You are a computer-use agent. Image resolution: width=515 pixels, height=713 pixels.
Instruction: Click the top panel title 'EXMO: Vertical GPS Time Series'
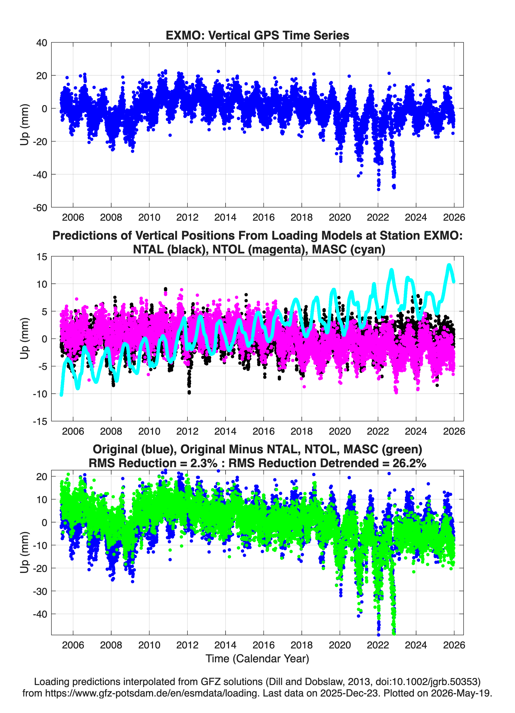[257, 35]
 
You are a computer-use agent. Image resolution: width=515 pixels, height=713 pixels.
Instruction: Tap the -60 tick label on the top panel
[40, 208]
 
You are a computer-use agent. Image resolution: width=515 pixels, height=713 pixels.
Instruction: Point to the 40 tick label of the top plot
[42, 43]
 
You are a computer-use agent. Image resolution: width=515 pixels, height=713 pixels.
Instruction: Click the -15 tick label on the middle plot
[40, 422]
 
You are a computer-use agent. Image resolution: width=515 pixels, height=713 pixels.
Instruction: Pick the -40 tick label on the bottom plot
[40, 614]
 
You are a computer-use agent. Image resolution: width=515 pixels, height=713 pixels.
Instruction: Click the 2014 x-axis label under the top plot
[225, 217]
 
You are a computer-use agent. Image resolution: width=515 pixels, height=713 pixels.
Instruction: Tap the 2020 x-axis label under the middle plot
[340, 431]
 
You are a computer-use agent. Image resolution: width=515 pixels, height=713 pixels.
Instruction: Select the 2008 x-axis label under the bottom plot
[111, 645]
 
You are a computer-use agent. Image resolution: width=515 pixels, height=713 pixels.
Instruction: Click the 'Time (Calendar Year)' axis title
[257, 658]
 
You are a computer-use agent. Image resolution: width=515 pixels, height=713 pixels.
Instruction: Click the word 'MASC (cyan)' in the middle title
[349, 249]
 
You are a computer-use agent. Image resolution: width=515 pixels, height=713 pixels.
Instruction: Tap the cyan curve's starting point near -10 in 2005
[61, 395]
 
